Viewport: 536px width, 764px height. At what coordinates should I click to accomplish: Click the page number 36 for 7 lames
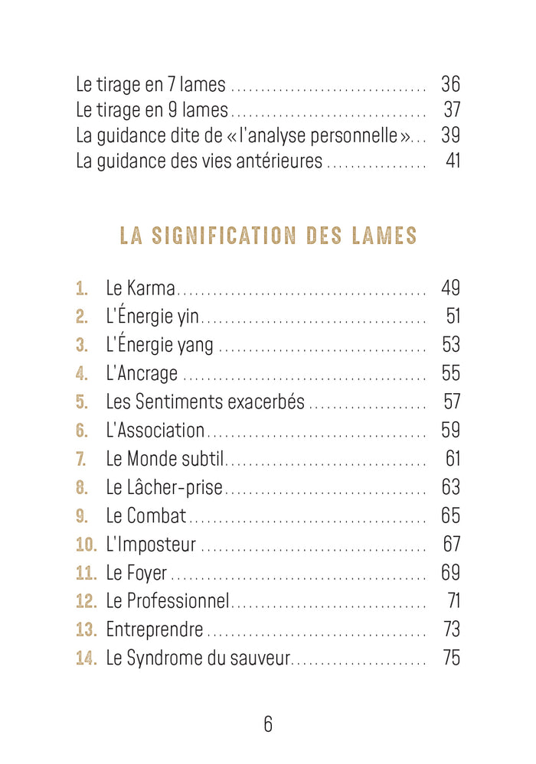click(450, 83)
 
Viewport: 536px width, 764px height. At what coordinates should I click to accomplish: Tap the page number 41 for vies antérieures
click(453, 161)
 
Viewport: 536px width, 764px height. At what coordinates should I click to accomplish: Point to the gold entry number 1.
click(82, 289)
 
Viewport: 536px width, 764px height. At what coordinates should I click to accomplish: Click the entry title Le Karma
click(140, 289)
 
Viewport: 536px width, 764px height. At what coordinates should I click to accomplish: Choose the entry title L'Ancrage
click(142, 374)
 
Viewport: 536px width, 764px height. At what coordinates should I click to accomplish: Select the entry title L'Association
click(155, 431)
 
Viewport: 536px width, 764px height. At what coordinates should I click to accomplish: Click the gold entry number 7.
click(82, 459)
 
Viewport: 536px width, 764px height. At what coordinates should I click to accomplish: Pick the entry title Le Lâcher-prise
click(164, 488)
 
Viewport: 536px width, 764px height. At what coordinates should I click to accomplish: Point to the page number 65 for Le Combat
click(450, 516)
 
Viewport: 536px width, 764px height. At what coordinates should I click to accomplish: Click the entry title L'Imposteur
click(151, 545)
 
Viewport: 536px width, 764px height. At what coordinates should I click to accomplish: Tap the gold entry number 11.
click(86, 573)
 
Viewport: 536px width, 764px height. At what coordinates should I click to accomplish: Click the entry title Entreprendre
click(154, 630)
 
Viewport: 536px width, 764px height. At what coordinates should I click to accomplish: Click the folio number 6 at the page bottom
click(268, 724)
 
